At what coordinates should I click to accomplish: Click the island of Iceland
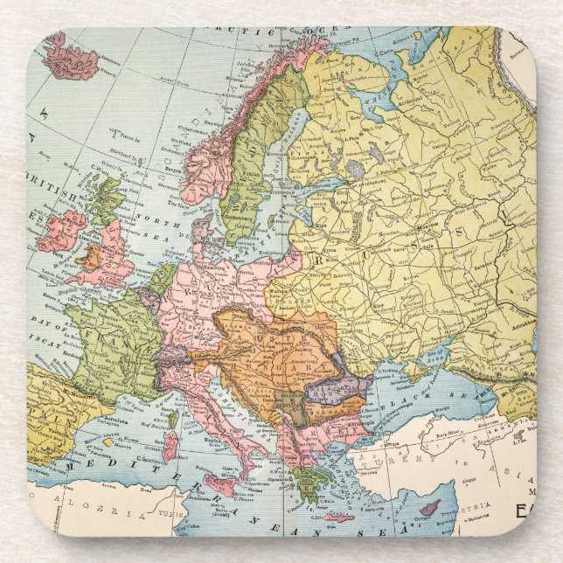pyautogui.click(x=71, y=58)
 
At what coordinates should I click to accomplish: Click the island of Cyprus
pyautogui.click(x=430, y=508)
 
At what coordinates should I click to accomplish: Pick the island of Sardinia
pyautogui.click(x=171, y=446)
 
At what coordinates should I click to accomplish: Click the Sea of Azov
pyautogui.click(x=435, y=355)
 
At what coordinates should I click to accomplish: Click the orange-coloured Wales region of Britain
pyautogui.click(x=88, y=261)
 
